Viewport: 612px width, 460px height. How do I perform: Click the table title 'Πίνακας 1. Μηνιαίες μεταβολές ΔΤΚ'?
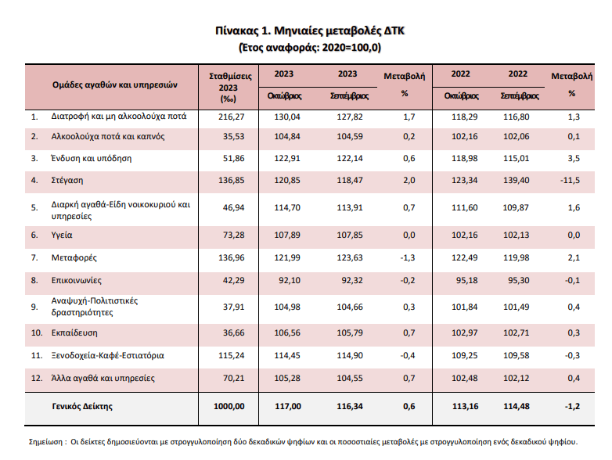pyautogui.click(x=311, y=32)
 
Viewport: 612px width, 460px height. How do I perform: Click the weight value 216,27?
pyautogui.click(x=229, y=117)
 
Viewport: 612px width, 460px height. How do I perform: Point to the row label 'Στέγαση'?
pyautogui.click(x=67, y=181)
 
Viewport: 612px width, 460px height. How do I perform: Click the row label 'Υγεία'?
pyautogui.click(x=62, y=235)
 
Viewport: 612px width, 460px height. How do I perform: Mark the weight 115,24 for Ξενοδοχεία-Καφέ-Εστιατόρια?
pyautogui.click(x=229, y=354)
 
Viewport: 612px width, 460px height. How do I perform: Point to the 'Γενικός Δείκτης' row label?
pyautogui.click(x=82, y=406)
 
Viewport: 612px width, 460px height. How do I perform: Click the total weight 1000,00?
pyautogui.click(x=228, y=406)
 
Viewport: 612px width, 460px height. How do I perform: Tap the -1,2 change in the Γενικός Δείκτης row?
pyautogui.click(x=572, y=406)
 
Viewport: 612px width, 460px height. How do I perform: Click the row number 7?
pyautogui.click(x=34, y=257)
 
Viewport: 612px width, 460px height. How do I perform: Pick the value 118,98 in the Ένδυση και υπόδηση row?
pyautogui.click(x=461, y=157)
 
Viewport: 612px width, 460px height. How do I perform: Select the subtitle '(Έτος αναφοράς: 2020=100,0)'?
pyautogui.click(x=311, y=48)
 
